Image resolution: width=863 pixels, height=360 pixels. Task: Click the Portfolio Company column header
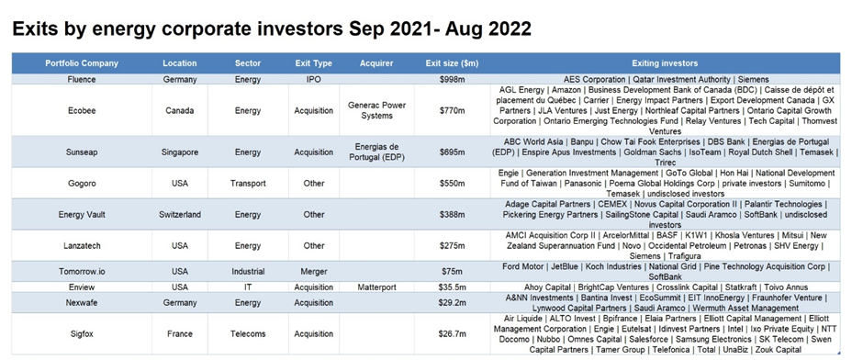[82, 63]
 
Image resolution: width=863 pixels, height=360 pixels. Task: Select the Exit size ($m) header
[452, 63]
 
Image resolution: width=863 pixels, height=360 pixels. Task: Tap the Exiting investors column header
[665, 63]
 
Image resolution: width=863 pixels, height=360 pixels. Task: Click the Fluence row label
[82, 79]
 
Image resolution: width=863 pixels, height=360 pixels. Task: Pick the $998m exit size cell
[452, 79]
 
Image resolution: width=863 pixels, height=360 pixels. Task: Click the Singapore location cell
[179, 152]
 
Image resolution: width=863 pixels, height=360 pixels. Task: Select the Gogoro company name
[82, 184]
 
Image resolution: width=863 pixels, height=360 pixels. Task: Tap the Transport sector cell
[248, 184]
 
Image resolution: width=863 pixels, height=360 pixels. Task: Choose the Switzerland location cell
[179, 215]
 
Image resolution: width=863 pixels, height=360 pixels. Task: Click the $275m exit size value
[452, 245]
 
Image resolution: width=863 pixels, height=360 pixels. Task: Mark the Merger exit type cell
[314, 271]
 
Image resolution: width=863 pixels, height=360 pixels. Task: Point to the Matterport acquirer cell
[376, 287]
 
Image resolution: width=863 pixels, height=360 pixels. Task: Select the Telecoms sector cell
[248, 333]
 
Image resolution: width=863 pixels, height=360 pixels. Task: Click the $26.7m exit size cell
[452, 333]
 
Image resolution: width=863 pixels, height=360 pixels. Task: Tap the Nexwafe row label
[82, 303]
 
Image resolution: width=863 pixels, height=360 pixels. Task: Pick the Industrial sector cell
[248, 271]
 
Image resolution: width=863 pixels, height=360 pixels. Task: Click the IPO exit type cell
[314, 79]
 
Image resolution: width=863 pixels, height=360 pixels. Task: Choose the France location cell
[179, 333]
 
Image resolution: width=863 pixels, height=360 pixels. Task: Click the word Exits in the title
[34, 28]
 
